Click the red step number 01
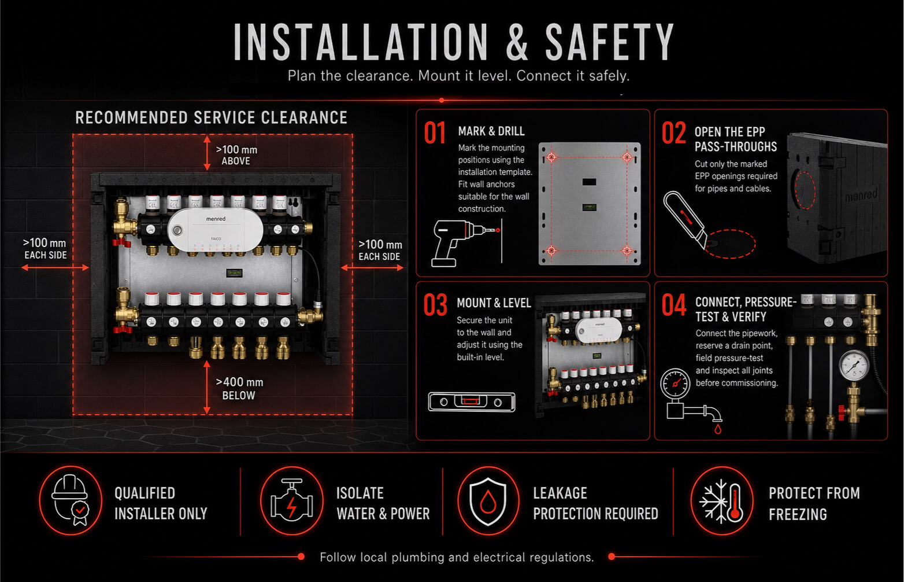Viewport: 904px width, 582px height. coord(435,133)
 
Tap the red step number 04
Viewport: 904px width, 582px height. coord(673,305)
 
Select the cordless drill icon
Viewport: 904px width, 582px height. coord(460,243)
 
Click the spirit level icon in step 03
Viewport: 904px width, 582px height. coord(472,402)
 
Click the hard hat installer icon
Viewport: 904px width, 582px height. coord(70,500)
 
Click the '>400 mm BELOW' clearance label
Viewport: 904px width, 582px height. coord(239,389)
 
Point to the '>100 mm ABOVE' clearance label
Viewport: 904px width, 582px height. coord(236,155)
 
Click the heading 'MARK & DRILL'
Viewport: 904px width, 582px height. coord(491,131)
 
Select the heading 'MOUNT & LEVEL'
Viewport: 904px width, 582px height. coord(494,303)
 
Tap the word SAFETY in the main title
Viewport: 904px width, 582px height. coord(609,42)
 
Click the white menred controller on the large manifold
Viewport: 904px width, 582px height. coord(215,230)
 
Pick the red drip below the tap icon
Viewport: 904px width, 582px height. coord(717,429)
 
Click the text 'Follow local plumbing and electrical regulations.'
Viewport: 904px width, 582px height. coord(457,557)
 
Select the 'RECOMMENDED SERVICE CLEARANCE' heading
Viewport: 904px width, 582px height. coord(211,117)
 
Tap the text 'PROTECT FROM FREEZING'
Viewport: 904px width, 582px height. coord(814,504)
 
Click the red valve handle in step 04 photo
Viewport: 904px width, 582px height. coord(843,412)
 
